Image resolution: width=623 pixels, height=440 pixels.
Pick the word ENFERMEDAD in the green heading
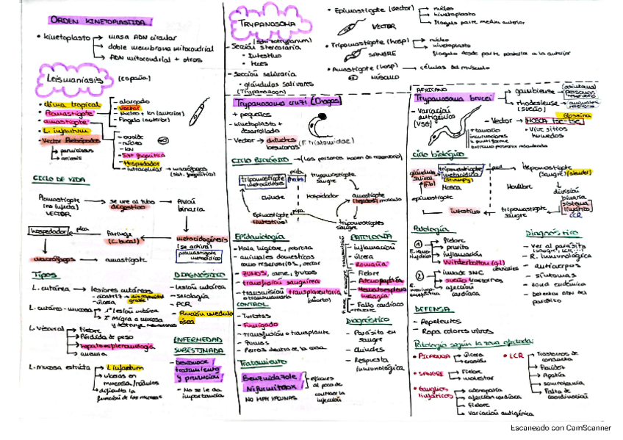tap(197, 340)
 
